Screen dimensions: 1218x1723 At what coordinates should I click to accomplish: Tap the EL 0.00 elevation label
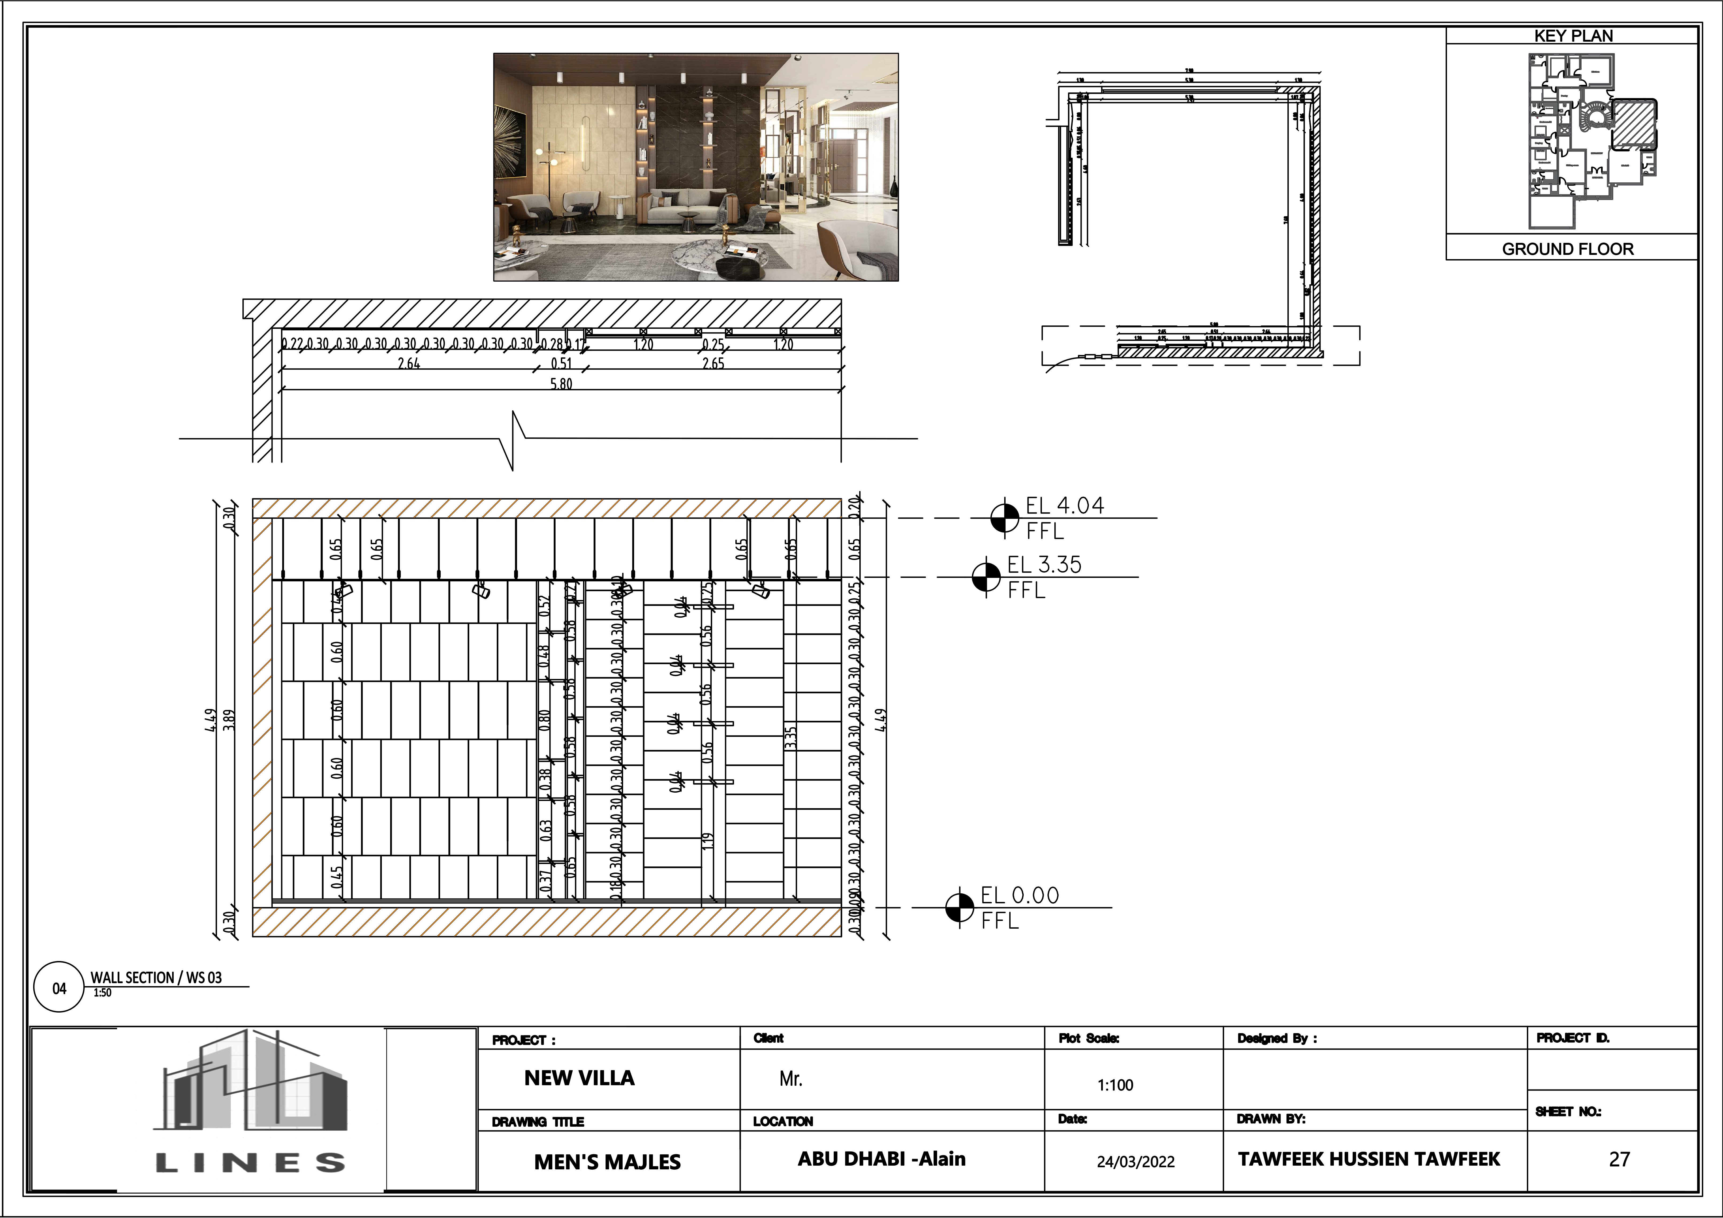[x=1019, y=895]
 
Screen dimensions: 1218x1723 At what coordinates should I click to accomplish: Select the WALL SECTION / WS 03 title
[x=156, y=977]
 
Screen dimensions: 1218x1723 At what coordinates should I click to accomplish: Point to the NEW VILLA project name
[x=579, y=1079]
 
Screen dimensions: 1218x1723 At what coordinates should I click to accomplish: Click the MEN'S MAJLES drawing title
[x=607, y=1162]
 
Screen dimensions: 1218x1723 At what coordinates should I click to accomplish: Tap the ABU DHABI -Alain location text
[x=881, y=1159]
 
